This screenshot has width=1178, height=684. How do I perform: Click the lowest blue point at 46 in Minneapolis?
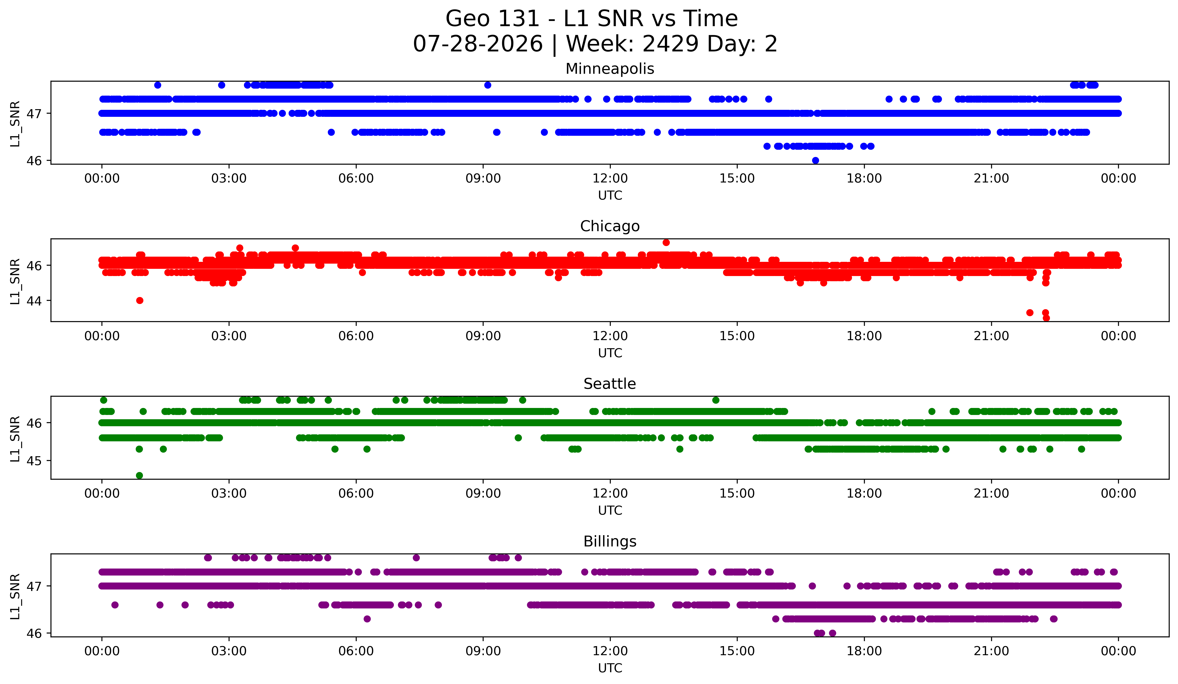(815, 160)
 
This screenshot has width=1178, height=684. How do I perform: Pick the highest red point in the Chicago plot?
(666, 242)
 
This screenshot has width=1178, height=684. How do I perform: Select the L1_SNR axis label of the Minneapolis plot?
(15, 123)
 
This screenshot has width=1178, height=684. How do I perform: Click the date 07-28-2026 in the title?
(478, 44)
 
